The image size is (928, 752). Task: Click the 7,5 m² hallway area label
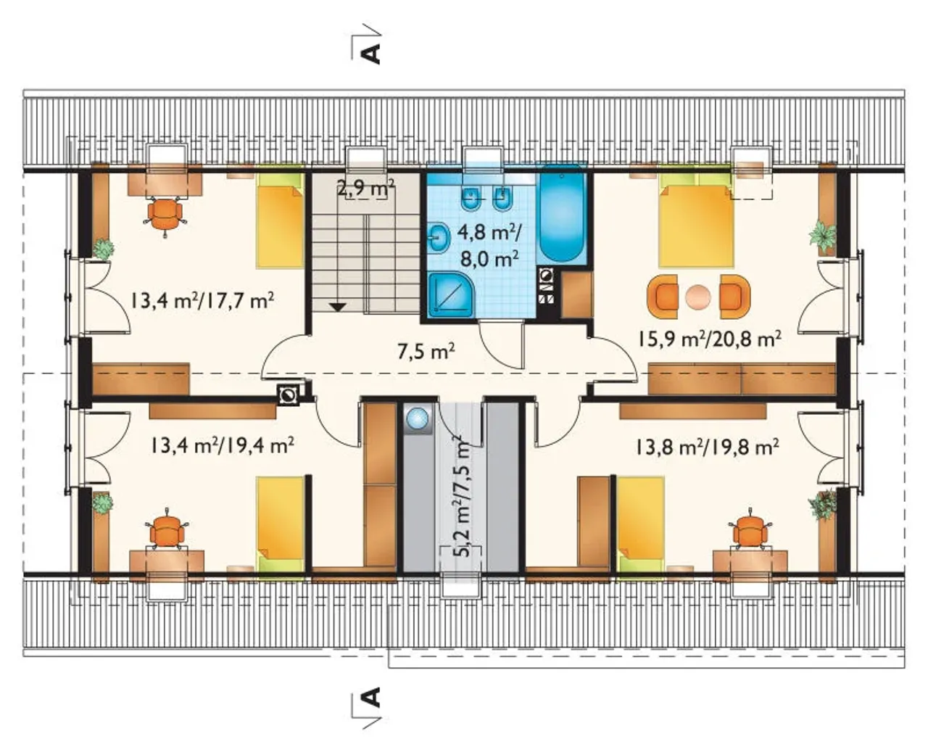tap(426, 352)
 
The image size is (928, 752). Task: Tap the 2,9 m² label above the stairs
tap(366, 189)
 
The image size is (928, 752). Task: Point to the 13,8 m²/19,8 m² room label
tap(707, 447)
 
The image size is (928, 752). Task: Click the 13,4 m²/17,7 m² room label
tap(202, 301)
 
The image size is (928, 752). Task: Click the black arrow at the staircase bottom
tap(338, 307)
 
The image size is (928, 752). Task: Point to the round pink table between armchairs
tap(698, 297)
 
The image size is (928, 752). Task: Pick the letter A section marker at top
tap(371, 53)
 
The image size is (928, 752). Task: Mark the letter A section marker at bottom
tap(371, 698)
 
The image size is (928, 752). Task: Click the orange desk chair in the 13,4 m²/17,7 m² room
tap(165, 215)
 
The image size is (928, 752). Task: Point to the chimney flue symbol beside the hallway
tap(289, 394)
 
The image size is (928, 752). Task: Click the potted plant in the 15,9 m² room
tap(823, 237)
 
